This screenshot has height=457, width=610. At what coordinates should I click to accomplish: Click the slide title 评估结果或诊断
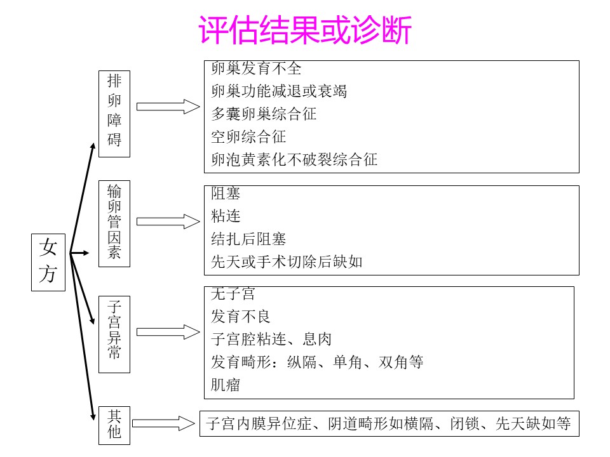coord(306,30)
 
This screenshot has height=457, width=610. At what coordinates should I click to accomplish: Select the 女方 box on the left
coord(48,262)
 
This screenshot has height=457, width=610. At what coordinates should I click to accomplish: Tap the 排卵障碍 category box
coord(114,113)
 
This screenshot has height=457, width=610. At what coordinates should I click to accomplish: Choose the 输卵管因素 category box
coord(114,223)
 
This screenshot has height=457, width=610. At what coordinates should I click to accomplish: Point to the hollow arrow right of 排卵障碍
coord(168,107)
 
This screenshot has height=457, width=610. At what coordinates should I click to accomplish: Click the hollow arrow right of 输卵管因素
coord(168,222)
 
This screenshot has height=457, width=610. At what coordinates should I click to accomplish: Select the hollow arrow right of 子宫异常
coord(168,332)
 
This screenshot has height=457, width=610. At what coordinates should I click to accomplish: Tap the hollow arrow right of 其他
coord(163,423)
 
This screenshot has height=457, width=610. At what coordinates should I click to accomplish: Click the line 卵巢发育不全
coord(256,68)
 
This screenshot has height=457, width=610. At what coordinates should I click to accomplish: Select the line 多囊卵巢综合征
coord(264,114)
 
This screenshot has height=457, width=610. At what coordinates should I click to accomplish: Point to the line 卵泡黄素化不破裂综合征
coord(294,159)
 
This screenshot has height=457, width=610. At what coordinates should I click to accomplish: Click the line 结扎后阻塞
coord(248,239)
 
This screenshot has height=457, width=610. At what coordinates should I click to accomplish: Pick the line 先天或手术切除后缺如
coord(287,262)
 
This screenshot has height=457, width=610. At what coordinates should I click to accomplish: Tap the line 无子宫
coord(233,294)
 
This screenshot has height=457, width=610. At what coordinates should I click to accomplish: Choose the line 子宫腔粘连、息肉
coord(271,340)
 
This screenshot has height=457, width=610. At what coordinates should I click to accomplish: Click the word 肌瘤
coord(226,385)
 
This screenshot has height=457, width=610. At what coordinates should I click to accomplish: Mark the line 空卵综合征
coord(248,136)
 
